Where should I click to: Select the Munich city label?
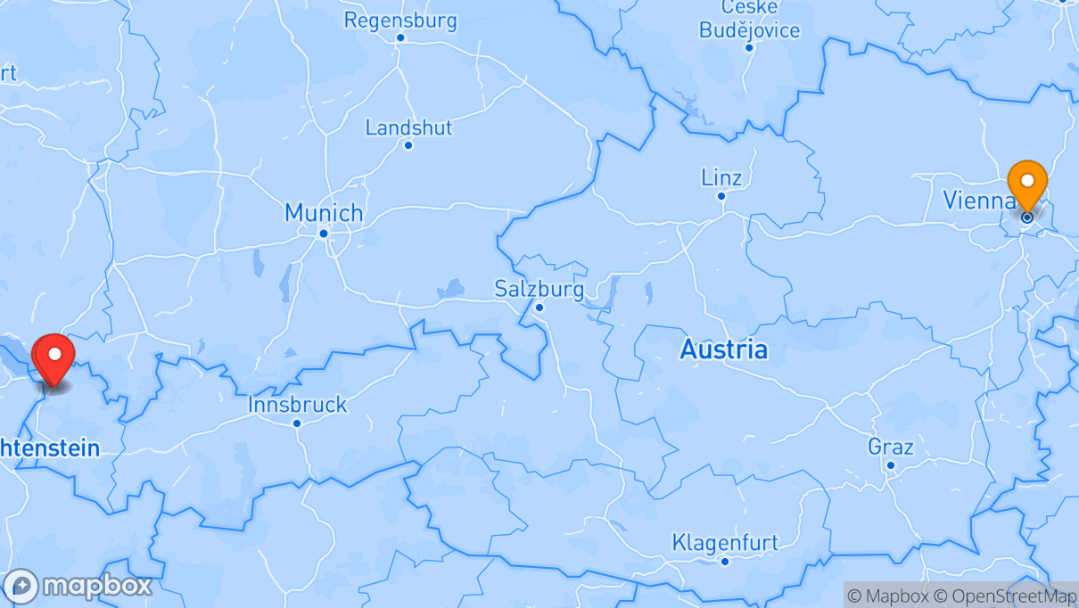[x=324, y=213]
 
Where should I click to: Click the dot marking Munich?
[x=324, y=234]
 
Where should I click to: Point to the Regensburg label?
[x=400, y=20]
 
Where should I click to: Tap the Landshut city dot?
[x=408, y=145]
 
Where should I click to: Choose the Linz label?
[x=721, y=177]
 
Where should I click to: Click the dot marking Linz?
[x=721, y=196]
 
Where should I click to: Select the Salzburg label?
[x=539, y=289]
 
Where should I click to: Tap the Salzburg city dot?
[x=539, y=308]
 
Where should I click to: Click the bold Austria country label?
[x=723, y=349]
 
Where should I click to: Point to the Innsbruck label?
[x=297, y=405]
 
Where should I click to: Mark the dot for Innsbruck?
[x=297, y=423]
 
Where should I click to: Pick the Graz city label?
[x=890, y=447]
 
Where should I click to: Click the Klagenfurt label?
[x=725, y=542]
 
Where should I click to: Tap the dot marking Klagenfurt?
[x=725, y=561]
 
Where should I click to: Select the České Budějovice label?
[x=749, y=20]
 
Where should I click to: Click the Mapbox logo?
[x=78, y=586]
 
